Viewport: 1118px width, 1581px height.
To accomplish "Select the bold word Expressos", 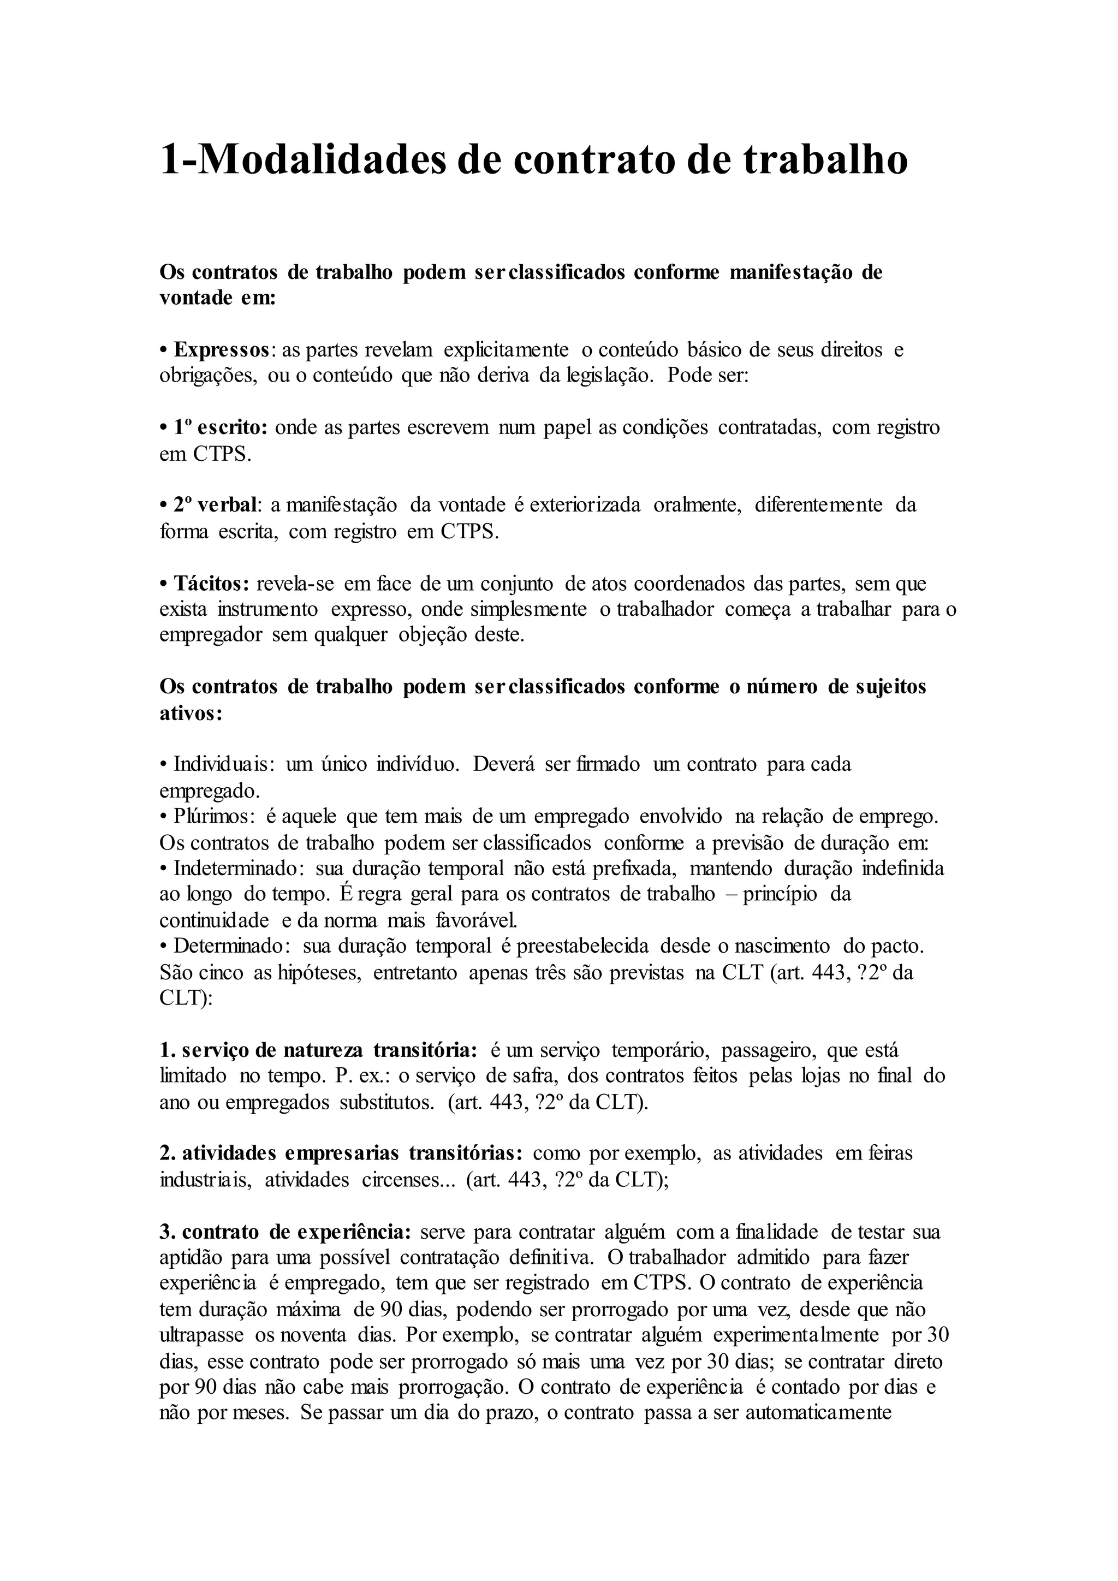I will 222,350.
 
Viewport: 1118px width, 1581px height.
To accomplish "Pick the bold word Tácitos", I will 211,584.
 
